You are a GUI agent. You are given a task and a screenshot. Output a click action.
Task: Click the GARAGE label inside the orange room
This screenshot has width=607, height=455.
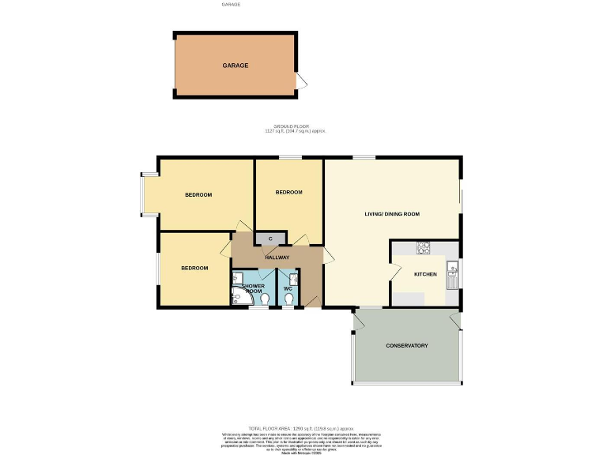click(235, 66)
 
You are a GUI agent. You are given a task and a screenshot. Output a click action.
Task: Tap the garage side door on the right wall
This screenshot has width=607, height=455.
click(300, 81)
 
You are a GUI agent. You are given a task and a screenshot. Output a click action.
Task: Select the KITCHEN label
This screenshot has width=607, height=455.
click(425, 274)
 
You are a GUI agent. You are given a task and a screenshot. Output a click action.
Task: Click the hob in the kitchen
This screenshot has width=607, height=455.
click(422, 246)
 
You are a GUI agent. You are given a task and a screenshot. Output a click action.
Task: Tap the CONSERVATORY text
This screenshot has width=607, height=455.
click(406, 346)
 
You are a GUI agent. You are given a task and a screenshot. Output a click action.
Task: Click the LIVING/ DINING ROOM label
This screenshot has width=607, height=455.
click(391, 214)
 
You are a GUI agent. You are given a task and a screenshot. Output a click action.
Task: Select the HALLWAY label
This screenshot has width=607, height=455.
click(277, 258)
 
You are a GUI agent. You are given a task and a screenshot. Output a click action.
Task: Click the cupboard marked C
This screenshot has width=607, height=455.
click(270, 238)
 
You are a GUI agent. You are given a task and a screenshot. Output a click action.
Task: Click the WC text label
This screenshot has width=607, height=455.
click(288, 288)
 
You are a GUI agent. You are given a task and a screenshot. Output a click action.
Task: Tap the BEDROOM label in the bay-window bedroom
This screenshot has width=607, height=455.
click(198, 195)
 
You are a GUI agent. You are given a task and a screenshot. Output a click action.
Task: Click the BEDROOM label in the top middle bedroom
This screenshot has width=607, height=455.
click(288, 193)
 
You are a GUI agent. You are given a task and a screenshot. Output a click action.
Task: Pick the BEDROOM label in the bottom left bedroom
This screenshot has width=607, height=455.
click(194, 268)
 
